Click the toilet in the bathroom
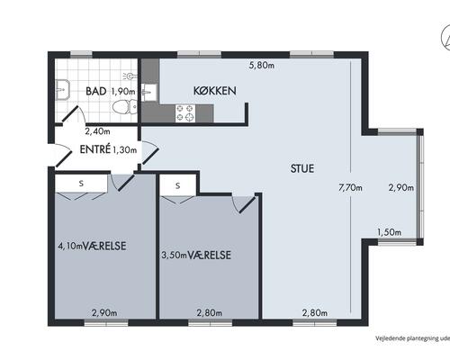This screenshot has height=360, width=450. click(x=125, y=106)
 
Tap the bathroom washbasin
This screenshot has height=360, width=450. click(x=62, y=89)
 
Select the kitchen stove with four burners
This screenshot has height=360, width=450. click(x=185, y=112)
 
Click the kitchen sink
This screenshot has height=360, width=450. click(x=148, y=93)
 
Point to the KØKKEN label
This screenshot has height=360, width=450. click(x=215, y=91)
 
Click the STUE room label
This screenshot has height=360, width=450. click(x=302, y=168)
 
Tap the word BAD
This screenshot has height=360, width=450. click(x=96, y=91)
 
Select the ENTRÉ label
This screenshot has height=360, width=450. click(x=95, y=149)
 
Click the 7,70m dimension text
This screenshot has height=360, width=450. click(x=350, y=188)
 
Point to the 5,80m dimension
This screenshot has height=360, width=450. click(x=262, y=65)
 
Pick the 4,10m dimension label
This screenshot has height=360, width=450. click(x=70, y=247)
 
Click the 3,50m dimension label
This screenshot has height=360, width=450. click(x=175, y=256)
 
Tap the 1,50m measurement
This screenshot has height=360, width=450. click(x=389, y=232)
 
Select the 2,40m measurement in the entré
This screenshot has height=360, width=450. click(x=97, y=131)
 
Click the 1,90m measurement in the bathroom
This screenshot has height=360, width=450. click(x=123, y=92)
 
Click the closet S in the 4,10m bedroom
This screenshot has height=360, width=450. click(x=81, y=184)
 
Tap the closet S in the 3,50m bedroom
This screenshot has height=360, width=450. click(x=178, y=185)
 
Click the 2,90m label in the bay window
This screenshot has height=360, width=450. click(x=401, y=188)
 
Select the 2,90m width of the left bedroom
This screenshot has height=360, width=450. click(x=104, y=313)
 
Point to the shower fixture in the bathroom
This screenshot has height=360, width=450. click(x=130, y=76)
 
